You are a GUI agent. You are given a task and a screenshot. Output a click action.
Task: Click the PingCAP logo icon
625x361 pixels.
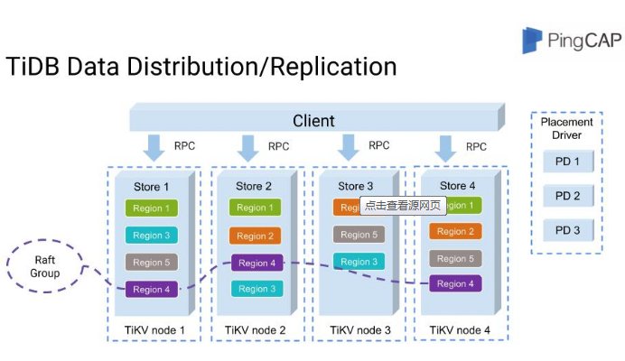pos(533,41)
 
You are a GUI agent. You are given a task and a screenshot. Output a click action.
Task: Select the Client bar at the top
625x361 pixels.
pos(313,120)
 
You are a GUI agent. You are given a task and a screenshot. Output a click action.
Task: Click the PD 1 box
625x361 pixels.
pos(567,163)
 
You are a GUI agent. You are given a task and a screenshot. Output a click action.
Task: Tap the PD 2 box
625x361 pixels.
pos(567,196)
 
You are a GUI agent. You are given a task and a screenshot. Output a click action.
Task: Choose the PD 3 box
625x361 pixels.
pos(567,229)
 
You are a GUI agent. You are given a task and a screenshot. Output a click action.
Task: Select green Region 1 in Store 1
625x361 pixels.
pos(151,208)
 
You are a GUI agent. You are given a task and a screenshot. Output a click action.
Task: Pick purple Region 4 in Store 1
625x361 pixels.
pos(151,290)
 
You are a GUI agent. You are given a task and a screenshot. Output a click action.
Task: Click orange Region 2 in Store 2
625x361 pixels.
pos(254,236)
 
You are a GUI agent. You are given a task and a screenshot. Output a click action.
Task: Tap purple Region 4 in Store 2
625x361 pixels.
pos(254,263)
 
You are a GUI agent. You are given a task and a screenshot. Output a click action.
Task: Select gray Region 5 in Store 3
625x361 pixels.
pos(357,235)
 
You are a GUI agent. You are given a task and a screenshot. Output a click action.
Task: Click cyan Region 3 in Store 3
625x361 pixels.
pos(357,262)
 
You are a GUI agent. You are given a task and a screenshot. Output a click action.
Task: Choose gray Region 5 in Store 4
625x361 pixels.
pos(456,258)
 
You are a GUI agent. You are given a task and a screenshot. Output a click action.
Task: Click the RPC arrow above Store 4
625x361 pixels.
pos(444,145)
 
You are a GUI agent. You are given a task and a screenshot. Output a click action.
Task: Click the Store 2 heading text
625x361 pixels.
pos(254,187)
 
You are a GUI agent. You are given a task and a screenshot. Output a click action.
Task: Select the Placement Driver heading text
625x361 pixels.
pos(567,128)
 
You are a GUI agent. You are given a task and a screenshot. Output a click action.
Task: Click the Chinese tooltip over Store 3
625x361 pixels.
pos(403,206)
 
